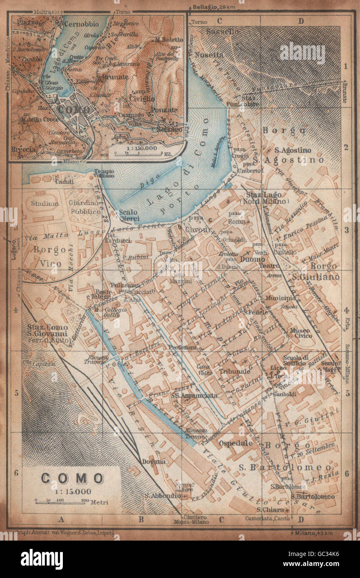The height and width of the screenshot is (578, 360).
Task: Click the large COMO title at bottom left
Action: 72,478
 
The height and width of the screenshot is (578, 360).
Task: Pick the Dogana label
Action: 154,461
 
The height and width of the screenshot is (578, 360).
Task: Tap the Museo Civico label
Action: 300,333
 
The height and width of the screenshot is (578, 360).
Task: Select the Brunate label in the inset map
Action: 112,77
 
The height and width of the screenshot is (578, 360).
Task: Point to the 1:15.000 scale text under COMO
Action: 71,491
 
